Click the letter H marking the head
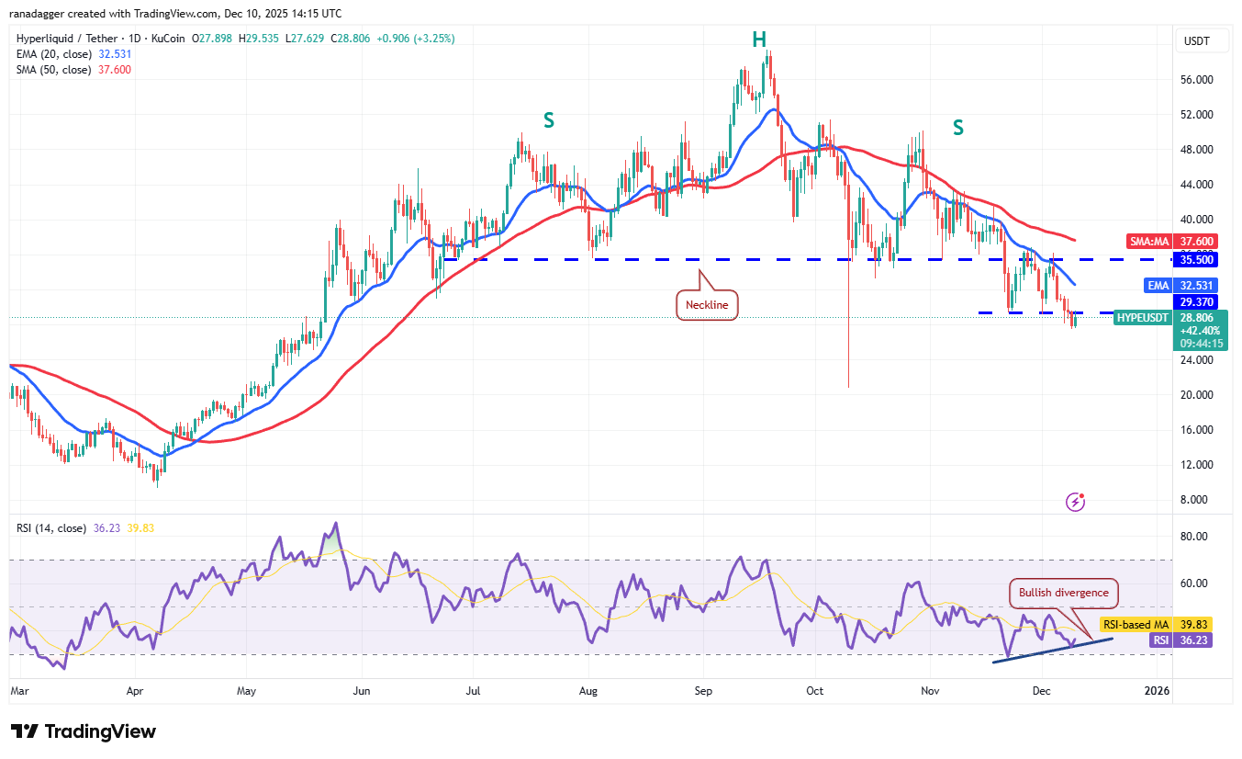click(759, 39)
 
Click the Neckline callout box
click(708, 306)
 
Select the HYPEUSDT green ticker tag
click(1142, 317)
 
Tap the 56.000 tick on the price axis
click(1196, 80)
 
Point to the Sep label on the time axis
click(705, 689)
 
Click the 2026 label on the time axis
click(1158, 689)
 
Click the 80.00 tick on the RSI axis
click(1194, 536)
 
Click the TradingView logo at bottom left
click(84, 731)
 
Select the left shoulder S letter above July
click(548, 119)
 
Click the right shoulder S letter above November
click(957, 128)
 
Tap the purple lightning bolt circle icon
click(1076, 502)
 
